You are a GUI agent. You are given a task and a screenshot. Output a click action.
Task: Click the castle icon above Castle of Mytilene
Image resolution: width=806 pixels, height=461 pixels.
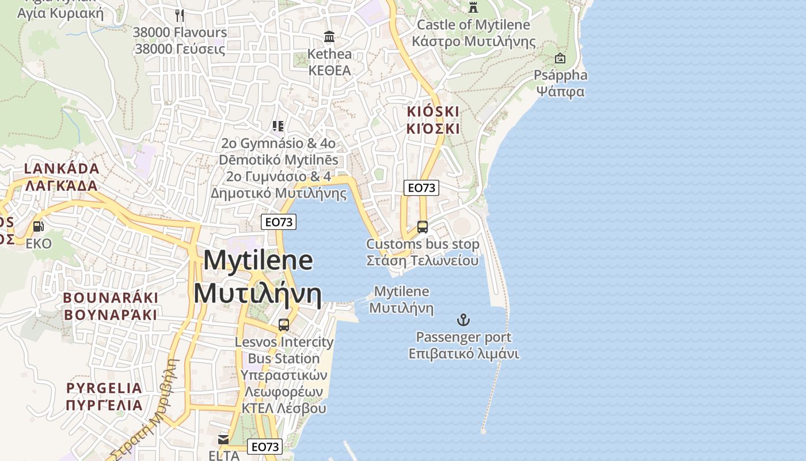[x=473, y=7]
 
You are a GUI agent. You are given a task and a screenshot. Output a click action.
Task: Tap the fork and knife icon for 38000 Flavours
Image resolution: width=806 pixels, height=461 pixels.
[x=180, y=15]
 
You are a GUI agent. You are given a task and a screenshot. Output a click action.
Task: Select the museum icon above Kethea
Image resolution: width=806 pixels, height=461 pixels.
[x=329, y=37]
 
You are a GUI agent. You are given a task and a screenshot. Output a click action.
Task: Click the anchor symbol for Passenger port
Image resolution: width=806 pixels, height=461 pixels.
[x=463, y=320]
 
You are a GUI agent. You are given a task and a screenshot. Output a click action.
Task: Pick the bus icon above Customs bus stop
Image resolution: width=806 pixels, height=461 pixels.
[x=423, y=227]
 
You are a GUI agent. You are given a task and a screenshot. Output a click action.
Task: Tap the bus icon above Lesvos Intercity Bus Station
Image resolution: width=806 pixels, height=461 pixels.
[x=284, y=325]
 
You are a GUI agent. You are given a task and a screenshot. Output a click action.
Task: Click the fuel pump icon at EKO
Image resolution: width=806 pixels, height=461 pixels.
[x=39, y=226]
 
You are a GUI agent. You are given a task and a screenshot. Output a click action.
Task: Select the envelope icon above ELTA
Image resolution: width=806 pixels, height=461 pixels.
[x=223, y=440]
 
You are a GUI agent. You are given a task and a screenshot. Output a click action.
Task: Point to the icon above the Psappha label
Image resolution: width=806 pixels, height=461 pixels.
[x=560, y=58]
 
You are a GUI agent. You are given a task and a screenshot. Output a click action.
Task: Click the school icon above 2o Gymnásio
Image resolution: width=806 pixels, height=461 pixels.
[x=278, y=126]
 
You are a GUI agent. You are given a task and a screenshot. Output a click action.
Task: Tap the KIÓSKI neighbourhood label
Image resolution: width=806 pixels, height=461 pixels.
[x=433, y=111]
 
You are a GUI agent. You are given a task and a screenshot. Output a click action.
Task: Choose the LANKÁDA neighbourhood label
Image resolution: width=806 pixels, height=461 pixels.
[x=62, y=169]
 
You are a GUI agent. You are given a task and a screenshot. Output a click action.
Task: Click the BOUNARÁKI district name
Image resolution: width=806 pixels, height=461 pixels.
[x=111, y=298]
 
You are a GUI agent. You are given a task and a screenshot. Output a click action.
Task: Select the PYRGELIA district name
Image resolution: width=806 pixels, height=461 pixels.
[x=104, y=387]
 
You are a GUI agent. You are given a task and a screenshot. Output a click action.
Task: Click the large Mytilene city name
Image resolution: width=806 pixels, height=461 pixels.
[x=258, y=260]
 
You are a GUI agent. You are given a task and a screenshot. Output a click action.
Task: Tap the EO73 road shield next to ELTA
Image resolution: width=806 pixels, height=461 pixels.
[x=265, y=447]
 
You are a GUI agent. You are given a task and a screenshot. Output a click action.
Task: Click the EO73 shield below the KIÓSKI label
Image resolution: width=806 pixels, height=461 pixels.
[x=421, y=187]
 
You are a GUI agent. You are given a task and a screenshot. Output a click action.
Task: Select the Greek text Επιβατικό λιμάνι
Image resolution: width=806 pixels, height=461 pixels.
[x=463, y=354]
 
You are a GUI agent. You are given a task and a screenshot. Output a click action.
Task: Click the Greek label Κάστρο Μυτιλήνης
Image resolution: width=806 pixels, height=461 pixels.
[x=473, y=41]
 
